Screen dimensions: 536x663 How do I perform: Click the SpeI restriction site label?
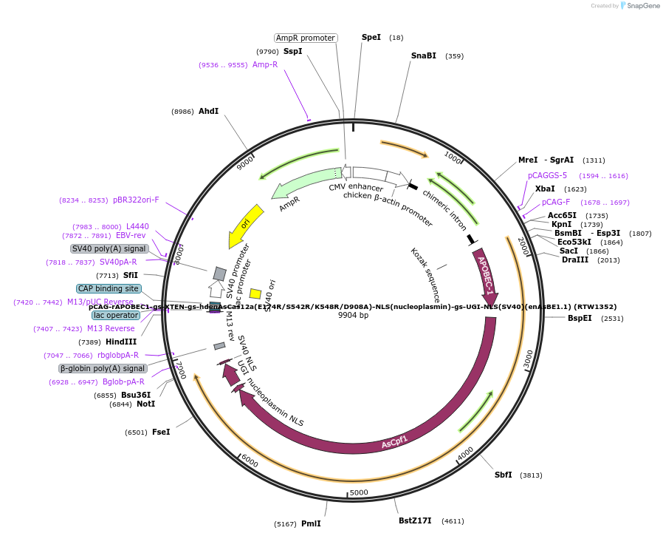pyautogui.click(x=371, y=37)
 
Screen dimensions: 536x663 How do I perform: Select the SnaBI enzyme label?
pyautogui.click(x=423, y=55)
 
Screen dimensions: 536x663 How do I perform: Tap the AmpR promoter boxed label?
pyautogui.click(x=306, y=38)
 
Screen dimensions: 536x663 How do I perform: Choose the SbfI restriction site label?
pyautogui.click(x=504, y=475)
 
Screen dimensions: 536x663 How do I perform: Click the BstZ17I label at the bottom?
pyautogui.click(x=415, y=520)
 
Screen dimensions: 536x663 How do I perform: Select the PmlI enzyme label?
pyautogui.click(x=311, y=523)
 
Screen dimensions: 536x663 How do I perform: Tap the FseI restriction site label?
pyautogui.click(x=161, y=432)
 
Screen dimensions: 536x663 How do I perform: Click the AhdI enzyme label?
pyautogui.click(x=208, y=111)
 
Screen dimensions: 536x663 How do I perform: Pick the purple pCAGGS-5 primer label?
pyautogui.click(x=547, y=175)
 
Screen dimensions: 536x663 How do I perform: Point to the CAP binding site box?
pyautogui.click(x=109, y=288)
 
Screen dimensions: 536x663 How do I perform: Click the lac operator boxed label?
pyautogui.click(x=116, y=315)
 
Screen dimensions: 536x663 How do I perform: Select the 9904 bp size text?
pyautogui.click(x=353, y=315)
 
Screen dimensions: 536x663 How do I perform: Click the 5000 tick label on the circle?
pyautogui.click(x=359, y=492)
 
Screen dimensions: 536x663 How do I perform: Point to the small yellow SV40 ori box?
pyautogui.click(x=255, y=294)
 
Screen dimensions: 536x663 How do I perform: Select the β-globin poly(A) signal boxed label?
pyautogui.click(x=103, y=368)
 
